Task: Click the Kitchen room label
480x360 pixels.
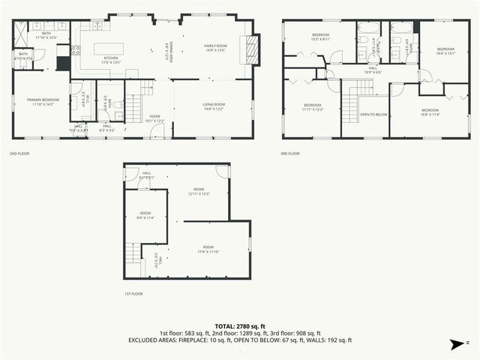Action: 111,59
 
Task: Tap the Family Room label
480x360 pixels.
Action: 216,48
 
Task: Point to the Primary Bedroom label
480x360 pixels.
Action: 43,101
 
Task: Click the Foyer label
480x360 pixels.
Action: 154,118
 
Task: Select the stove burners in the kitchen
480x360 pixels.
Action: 75,52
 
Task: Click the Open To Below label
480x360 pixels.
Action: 373,114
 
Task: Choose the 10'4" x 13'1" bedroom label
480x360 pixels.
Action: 445,51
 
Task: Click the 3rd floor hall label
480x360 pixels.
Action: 373,70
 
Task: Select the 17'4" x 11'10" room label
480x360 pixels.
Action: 207,249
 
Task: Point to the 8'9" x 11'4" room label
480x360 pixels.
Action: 145,217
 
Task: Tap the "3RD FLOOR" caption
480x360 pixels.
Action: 290,154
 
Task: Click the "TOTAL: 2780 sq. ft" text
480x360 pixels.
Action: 240,326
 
